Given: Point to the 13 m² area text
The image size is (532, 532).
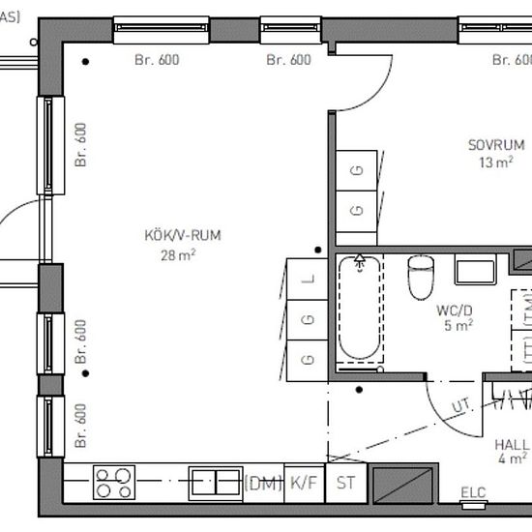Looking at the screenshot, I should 495,163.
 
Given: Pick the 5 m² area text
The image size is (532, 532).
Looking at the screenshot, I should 458,327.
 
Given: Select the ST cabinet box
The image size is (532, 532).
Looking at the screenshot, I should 343,483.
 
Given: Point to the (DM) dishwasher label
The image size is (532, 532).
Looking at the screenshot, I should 261,483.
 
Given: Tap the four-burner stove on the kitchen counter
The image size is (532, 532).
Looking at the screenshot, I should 115,482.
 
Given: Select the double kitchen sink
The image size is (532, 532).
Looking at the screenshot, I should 215,482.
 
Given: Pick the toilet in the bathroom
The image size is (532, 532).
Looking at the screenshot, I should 421,277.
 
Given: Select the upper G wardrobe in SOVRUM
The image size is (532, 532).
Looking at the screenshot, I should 357,172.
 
